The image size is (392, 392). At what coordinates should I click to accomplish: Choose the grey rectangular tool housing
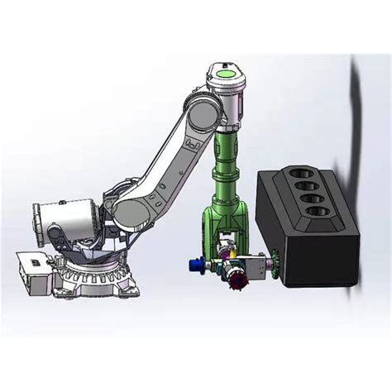[x=259, y=265]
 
